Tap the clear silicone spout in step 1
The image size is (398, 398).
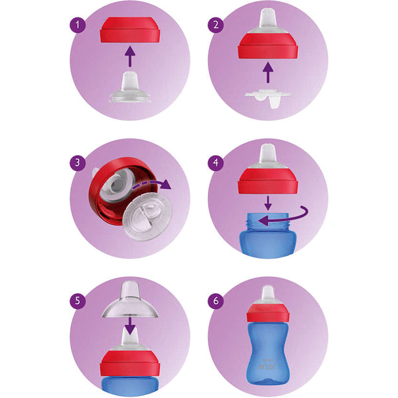[x=130, y=88]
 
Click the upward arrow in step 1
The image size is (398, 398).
[x=130, y=56]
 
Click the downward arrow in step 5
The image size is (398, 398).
[x=130, y=326]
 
